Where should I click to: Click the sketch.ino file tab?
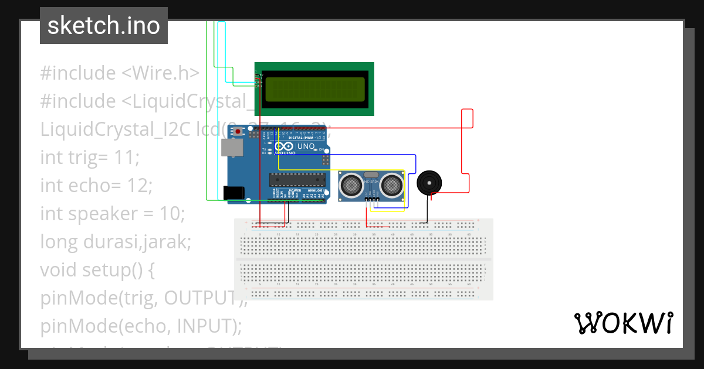(x=103, y=26)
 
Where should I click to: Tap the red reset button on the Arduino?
(x=238, y=132)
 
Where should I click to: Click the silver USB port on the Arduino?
(x=231, y=148)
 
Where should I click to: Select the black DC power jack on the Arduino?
(x=233, y=192)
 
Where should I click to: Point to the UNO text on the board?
(x=306, y=146)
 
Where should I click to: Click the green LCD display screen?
(x=315, y=89)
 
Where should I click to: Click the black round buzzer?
(x=429, y=183)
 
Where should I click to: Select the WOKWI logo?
(x=623, y=323)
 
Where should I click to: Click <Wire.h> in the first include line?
(x=160, y=73)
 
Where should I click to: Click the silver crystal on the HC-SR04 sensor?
(x=371, y=175)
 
